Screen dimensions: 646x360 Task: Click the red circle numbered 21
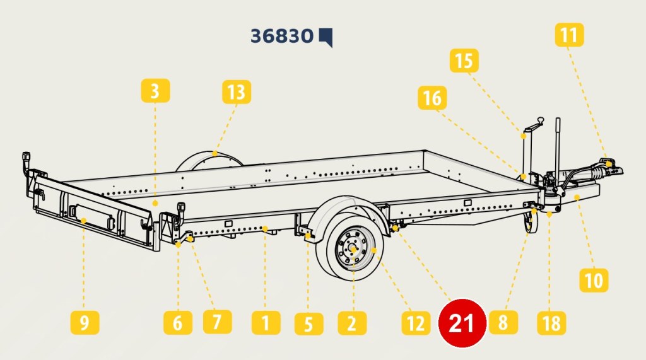(462, 323)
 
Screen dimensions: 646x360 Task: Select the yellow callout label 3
(155, 91)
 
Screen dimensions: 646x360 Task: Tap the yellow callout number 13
(237, 92)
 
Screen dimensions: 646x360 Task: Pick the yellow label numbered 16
(432, 98)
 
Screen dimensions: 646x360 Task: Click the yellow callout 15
(464, 61)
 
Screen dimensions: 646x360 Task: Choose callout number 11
(570, 35)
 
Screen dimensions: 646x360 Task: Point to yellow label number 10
(594, 280)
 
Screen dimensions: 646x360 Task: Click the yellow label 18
(551, 323)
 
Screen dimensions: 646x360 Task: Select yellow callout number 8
(503, 322)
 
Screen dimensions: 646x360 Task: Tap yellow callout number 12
(416, 323)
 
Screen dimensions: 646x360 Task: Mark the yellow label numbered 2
(352, 323)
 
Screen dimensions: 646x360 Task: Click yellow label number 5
(309, 323)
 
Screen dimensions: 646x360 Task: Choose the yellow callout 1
(266, 323)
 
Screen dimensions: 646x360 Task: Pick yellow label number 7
(218, 322)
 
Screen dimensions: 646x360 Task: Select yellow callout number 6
(177, 323)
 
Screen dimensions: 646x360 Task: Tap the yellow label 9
(85, 323)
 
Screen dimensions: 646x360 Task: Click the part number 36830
(282, 36)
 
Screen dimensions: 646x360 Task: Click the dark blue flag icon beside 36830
(326, 37)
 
